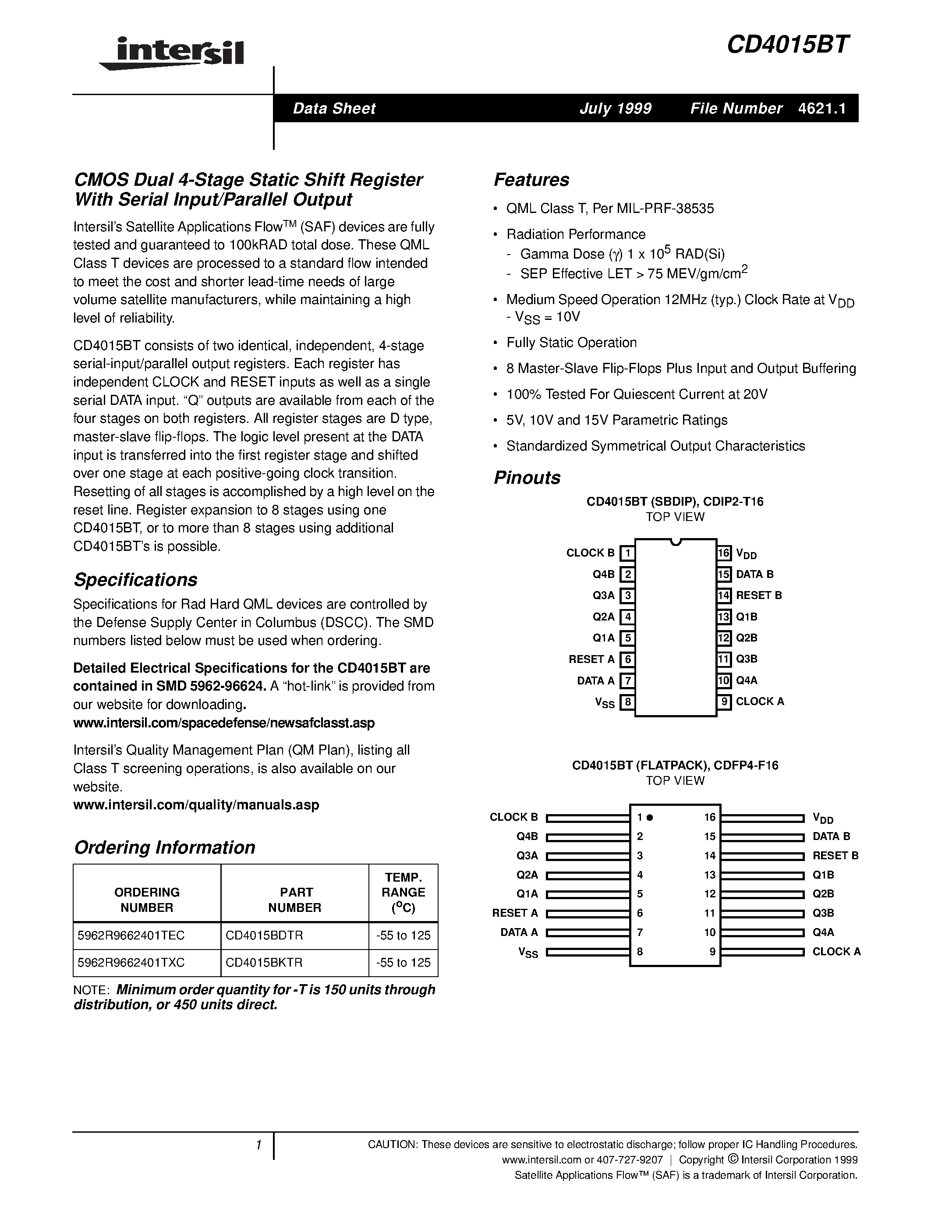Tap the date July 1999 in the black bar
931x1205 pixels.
pos(615,108)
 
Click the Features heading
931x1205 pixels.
pos(531,180)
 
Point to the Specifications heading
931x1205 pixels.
pos(136,580)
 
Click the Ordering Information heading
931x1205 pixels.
pos(164,847)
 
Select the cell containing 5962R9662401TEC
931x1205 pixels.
pos(147,935)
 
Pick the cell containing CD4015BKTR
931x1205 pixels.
pos(294,962)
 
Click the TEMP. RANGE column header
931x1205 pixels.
pos(403,892)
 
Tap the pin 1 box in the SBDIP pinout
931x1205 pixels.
pos(627,553)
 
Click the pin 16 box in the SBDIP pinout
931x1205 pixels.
pos(724,553)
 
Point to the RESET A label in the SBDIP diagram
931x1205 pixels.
pos(591,659)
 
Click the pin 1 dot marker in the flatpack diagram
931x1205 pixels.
pos(650,818)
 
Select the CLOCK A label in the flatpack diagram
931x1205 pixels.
pos(836,952)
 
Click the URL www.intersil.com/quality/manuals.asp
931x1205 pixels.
pos(196,805)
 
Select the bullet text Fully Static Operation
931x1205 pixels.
pos(571,343)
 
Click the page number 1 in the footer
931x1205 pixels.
pos(258,1145)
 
